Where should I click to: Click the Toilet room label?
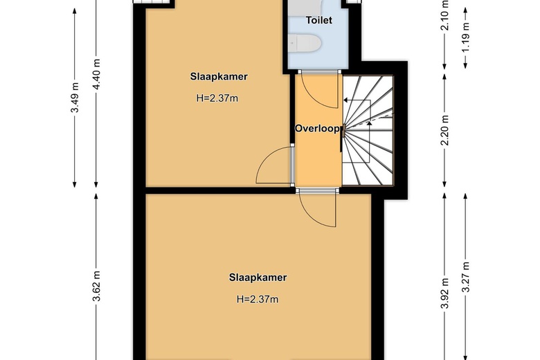(x=319, y=20)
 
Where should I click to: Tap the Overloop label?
(x=317, y=129)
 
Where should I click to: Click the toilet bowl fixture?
(x=305, y=44)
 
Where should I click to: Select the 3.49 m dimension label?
(x=75, y=98)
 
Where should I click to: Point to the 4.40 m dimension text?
(x=96, y=74)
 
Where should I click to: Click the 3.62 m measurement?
(x=96, y=286)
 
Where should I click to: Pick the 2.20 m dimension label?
(x=444, y=130)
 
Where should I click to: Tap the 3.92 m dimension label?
(x=444, y=293)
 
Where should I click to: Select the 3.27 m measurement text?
(x=466, y=277)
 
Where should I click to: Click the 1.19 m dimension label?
(x=466, y=37)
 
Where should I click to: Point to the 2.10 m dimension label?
(x=444, y=15)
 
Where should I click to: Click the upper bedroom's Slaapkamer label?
(x=219, y=76)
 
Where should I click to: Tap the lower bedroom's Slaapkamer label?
(x=258, y=278)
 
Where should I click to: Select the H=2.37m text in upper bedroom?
(x=217, y=98)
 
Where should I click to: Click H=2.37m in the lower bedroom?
(x=258, y=299)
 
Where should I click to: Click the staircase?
(x=368, y=130)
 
